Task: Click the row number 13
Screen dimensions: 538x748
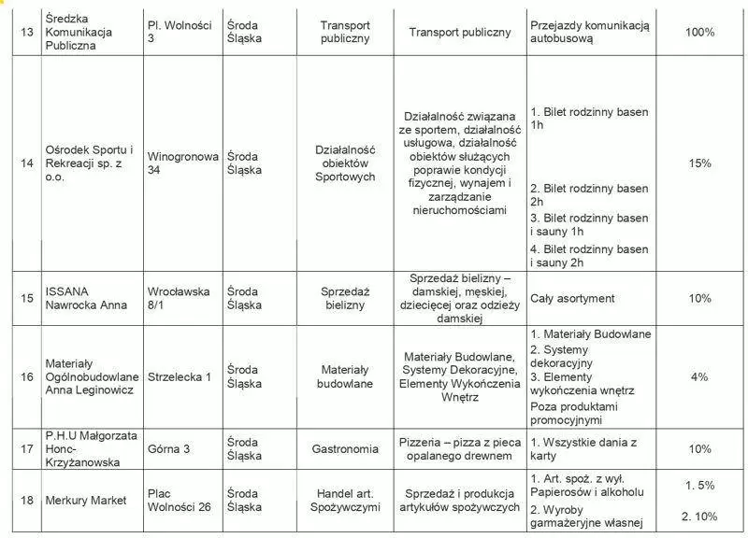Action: pos(27,32)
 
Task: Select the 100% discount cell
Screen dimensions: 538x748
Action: pos(699,32)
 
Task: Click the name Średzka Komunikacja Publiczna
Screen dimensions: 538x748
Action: pos(78,32)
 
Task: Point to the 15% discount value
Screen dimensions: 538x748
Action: pos(699,163)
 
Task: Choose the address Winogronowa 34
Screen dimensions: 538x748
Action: pos(182,163)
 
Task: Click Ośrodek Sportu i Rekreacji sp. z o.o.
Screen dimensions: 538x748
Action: pos(89,163)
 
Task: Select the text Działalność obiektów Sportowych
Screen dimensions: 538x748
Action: pos(345,163)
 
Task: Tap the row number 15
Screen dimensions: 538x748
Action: pos(27,298)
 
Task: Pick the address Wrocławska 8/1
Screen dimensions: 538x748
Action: pos(179,298)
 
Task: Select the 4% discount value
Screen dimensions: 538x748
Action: pos(699,376)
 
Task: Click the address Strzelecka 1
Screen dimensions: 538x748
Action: pos(180,376)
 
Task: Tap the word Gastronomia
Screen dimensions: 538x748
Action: pos(345,449)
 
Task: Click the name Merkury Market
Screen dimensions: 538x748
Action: pos(86,501)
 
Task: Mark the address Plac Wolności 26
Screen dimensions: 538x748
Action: pos(179,501)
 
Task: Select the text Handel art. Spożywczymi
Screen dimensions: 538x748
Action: pos(345,501)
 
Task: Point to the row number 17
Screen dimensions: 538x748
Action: pos(27,449)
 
